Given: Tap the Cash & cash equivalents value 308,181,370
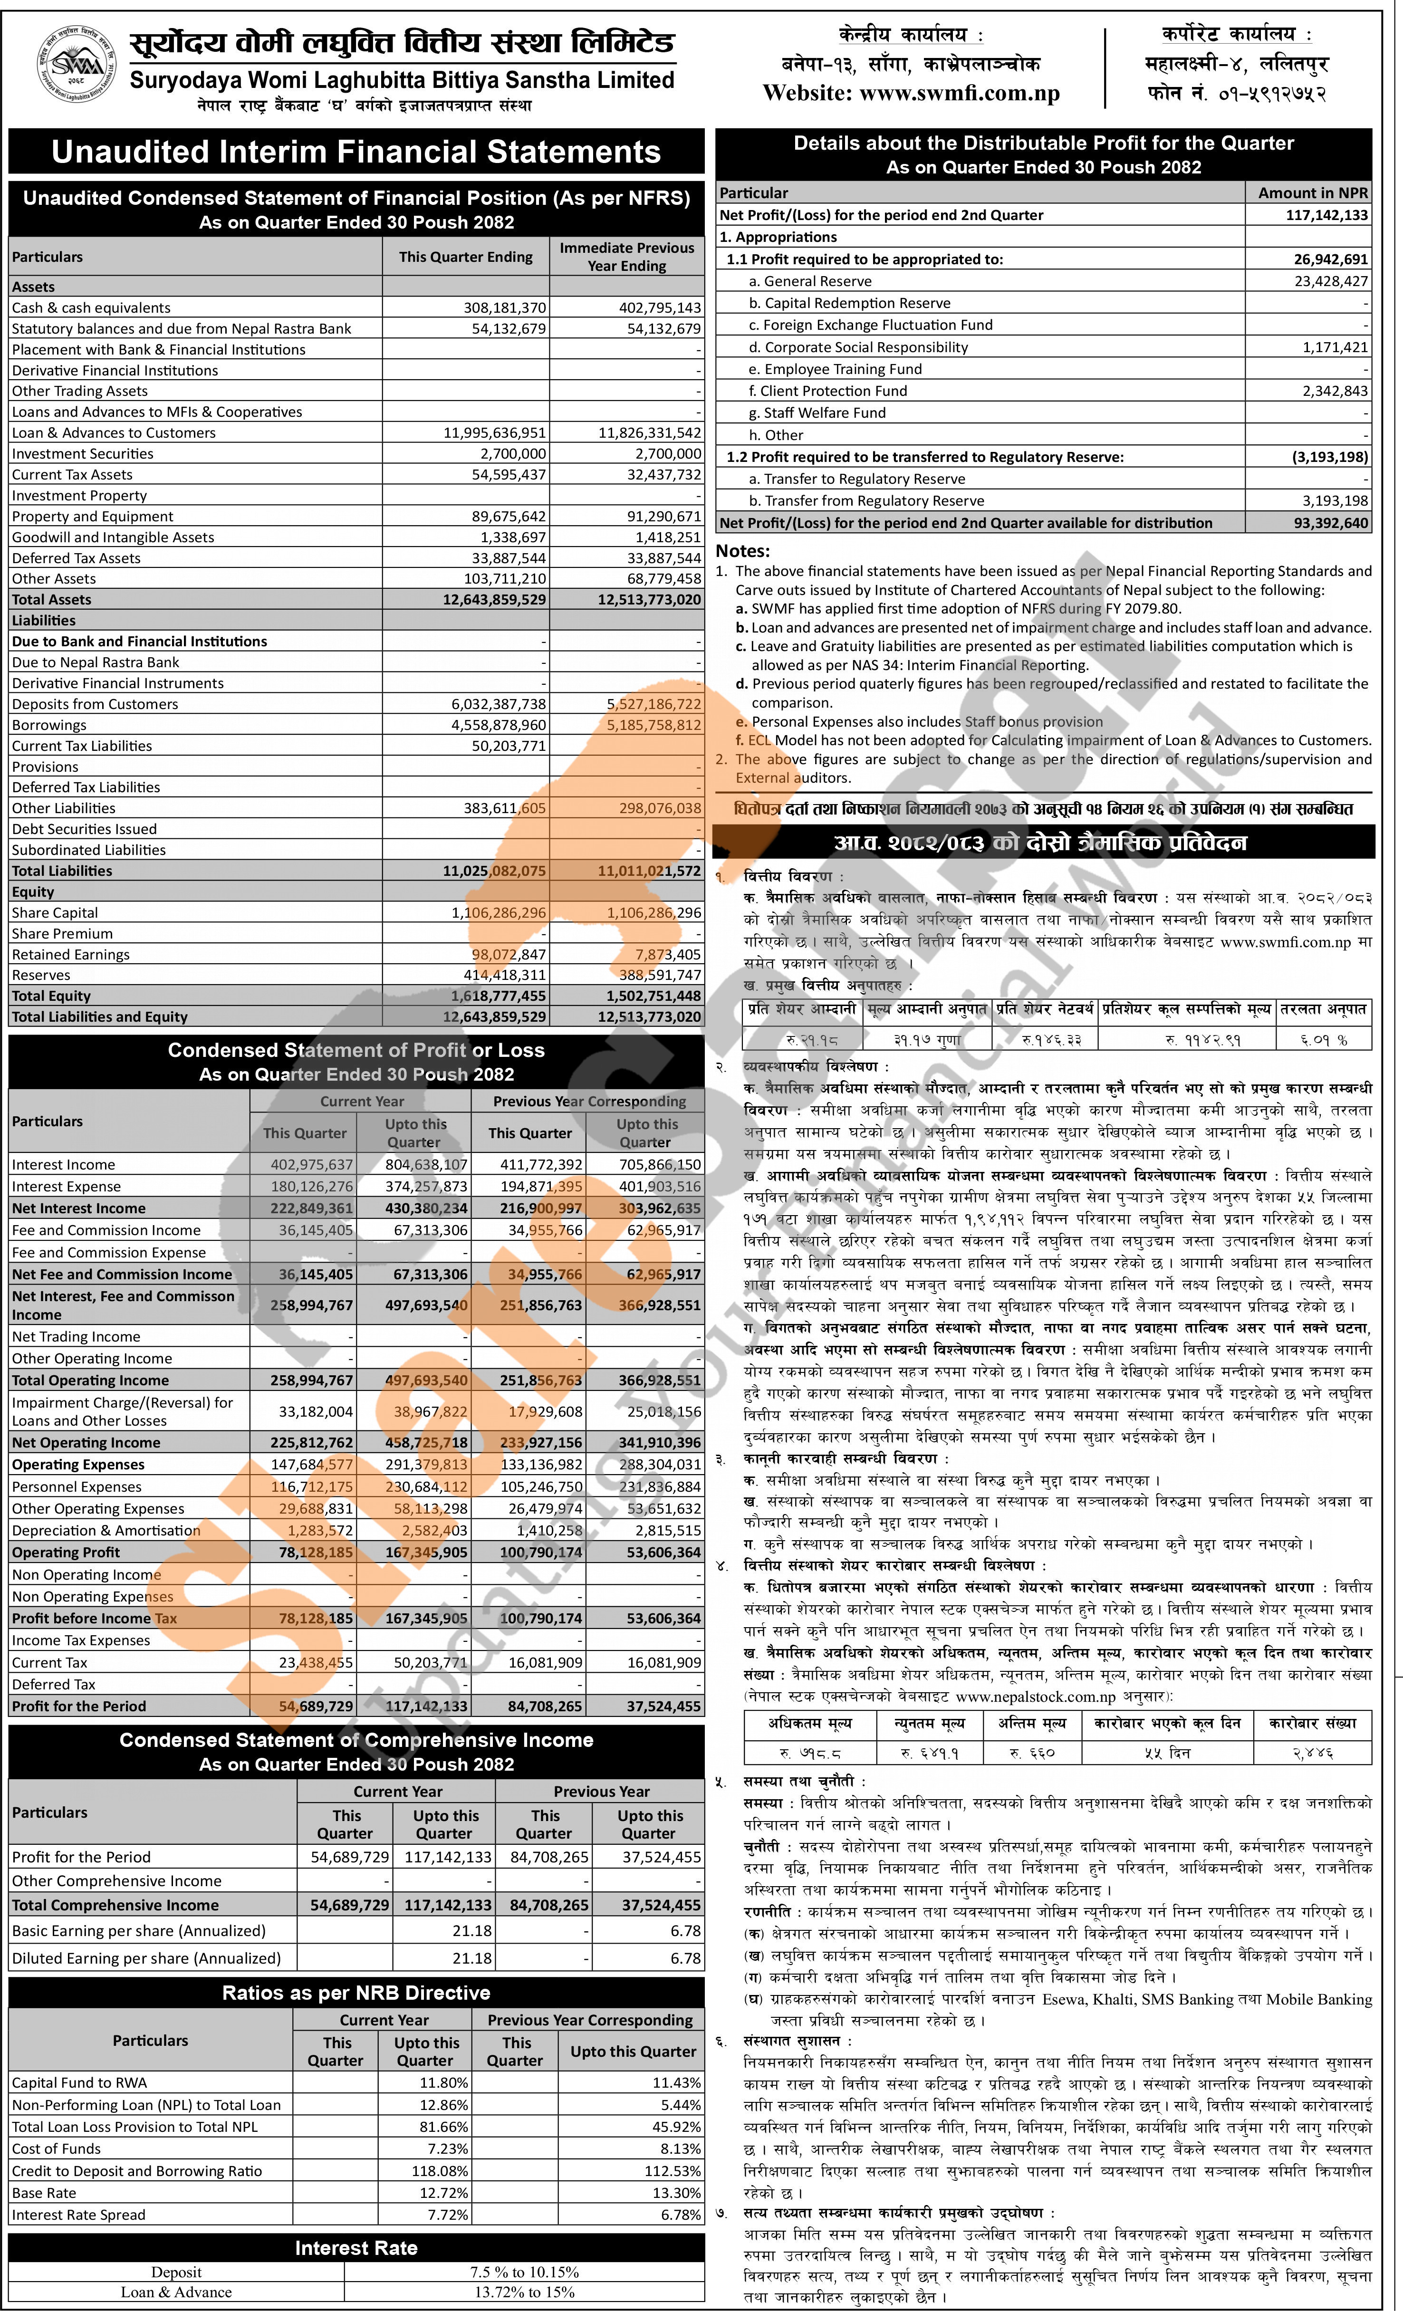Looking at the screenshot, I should coord(505,307).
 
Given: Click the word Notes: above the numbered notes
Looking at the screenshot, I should coord(743,551).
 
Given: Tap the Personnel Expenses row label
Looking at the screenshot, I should coord(77,1486).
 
